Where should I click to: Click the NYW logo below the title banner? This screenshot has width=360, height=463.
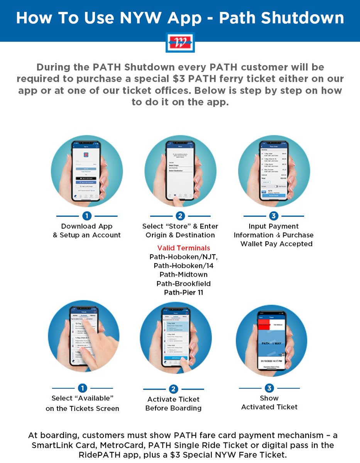[x=180, y=42]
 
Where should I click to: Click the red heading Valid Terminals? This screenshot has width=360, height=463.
[x=184, y=248]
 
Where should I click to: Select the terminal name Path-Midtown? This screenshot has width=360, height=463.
[x=184, y=275]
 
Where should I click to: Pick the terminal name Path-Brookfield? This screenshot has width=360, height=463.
[x=184, y=284]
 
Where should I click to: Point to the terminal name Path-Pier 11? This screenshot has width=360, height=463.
[x=184, y=292]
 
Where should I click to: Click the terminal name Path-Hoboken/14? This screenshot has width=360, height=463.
[x=184, y=266]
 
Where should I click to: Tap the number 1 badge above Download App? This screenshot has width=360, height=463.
[x=87, y=216]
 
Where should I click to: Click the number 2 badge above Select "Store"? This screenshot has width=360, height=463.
[x=180, y=216]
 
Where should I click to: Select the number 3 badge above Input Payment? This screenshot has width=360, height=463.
[x=274, y=216]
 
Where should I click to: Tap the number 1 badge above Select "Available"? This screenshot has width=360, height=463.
[x=82, y=388]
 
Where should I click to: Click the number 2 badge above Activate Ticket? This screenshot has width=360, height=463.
[x=173, y=389]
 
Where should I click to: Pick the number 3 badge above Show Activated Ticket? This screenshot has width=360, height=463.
[x=269, y=388]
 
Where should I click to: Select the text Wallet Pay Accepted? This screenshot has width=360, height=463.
[x=276, y=244]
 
